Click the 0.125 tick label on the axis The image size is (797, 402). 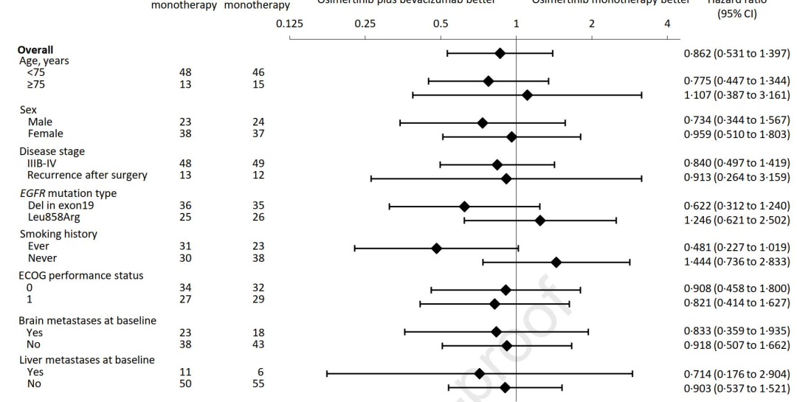click(289, 24)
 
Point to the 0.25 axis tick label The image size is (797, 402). click(365, 24)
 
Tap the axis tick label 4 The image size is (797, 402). click(667, 24)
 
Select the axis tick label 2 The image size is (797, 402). click(592, 24)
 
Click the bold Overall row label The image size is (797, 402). click(35, 50)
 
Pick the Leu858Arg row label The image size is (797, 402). click(53, 216)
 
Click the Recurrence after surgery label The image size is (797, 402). click(87, 175)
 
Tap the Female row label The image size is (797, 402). click(45, 134)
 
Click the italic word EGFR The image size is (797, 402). click(33, 193)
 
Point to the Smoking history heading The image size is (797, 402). click(58, 234)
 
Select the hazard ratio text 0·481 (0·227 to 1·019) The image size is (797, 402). click(736, 247)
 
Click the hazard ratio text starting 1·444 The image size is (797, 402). click(736, 262)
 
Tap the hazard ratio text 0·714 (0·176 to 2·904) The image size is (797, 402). click(736, 373)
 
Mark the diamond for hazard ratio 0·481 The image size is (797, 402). click(436, 248)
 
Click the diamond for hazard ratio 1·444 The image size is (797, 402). click(556, 262)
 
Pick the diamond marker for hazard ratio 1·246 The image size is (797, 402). click(539, 220)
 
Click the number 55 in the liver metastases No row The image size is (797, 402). click(258, 384)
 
